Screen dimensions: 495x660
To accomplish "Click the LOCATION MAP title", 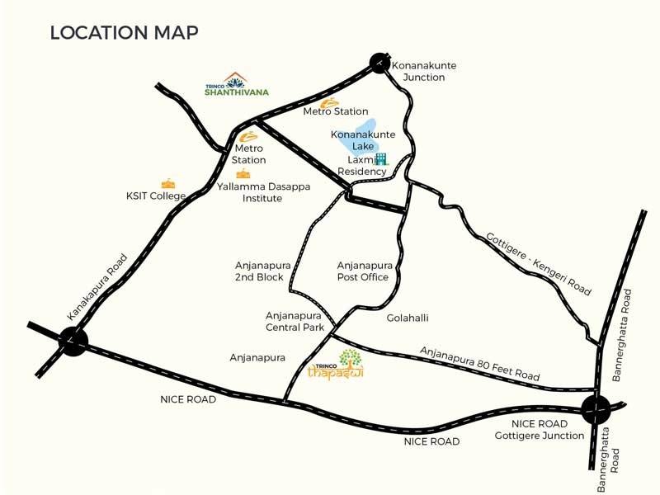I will pos(124,33).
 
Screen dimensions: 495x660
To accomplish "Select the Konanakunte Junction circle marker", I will pos(379,64).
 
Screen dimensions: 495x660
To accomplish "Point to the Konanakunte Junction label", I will pos(424,71).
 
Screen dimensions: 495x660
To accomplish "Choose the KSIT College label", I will pos(155,196).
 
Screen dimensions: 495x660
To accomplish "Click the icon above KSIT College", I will pos(168,183).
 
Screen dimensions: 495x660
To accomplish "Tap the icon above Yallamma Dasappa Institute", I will pos(243,173).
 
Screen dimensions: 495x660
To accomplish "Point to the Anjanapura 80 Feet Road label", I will pos(480,363).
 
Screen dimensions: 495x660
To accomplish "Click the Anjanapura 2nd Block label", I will pos(258,271).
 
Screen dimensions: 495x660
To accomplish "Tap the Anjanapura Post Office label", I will pos(364,271).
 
